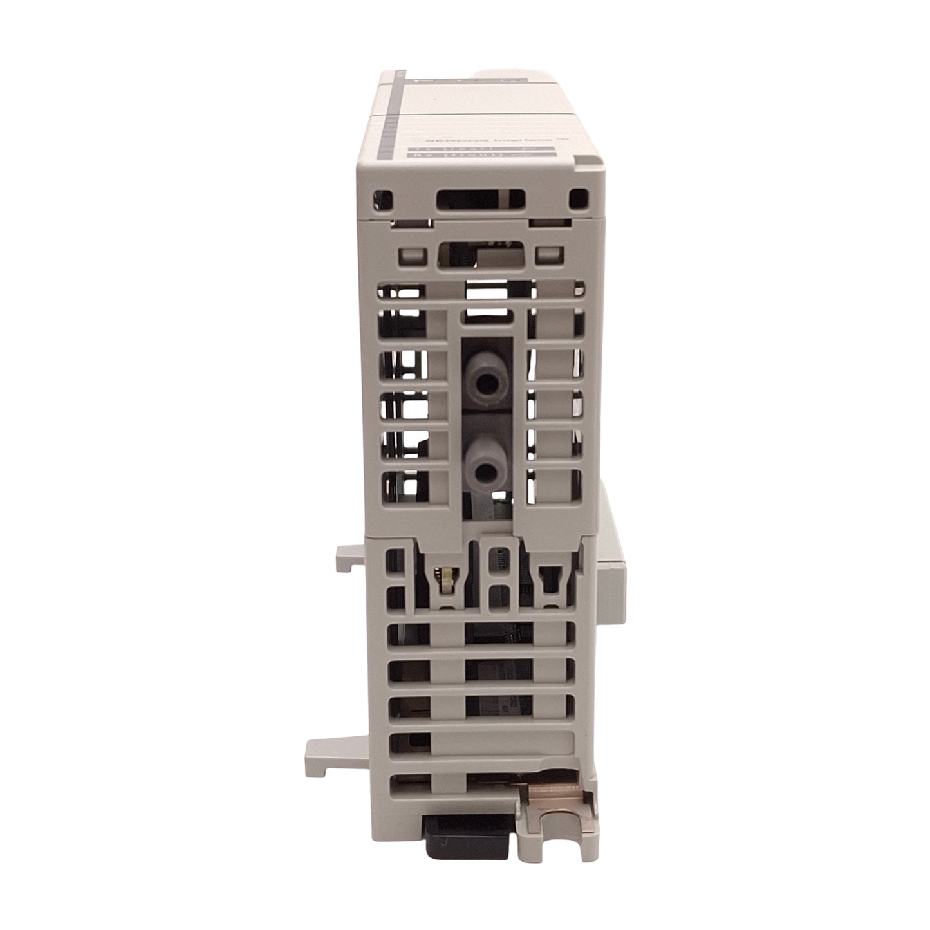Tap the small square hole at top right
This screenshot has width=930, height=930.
579,198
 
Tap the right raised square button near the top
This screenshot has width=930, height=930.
548,255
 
